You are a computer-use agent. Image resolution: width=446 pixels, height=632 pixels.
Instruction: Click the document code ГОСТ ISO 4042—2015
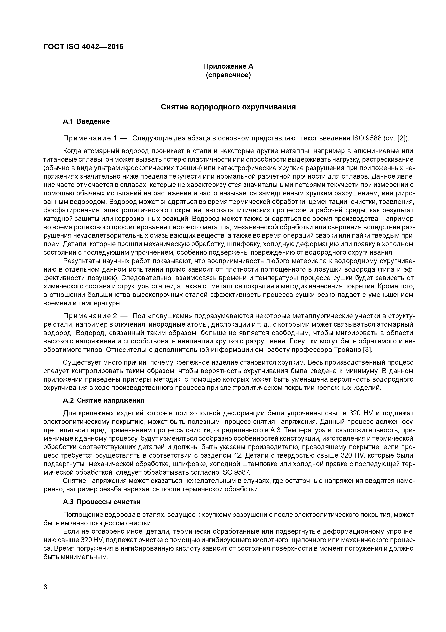coord(83,47)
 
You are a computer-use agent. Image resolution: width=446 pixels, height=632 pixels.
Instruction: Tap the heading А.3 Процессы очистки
coord(102,502)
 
